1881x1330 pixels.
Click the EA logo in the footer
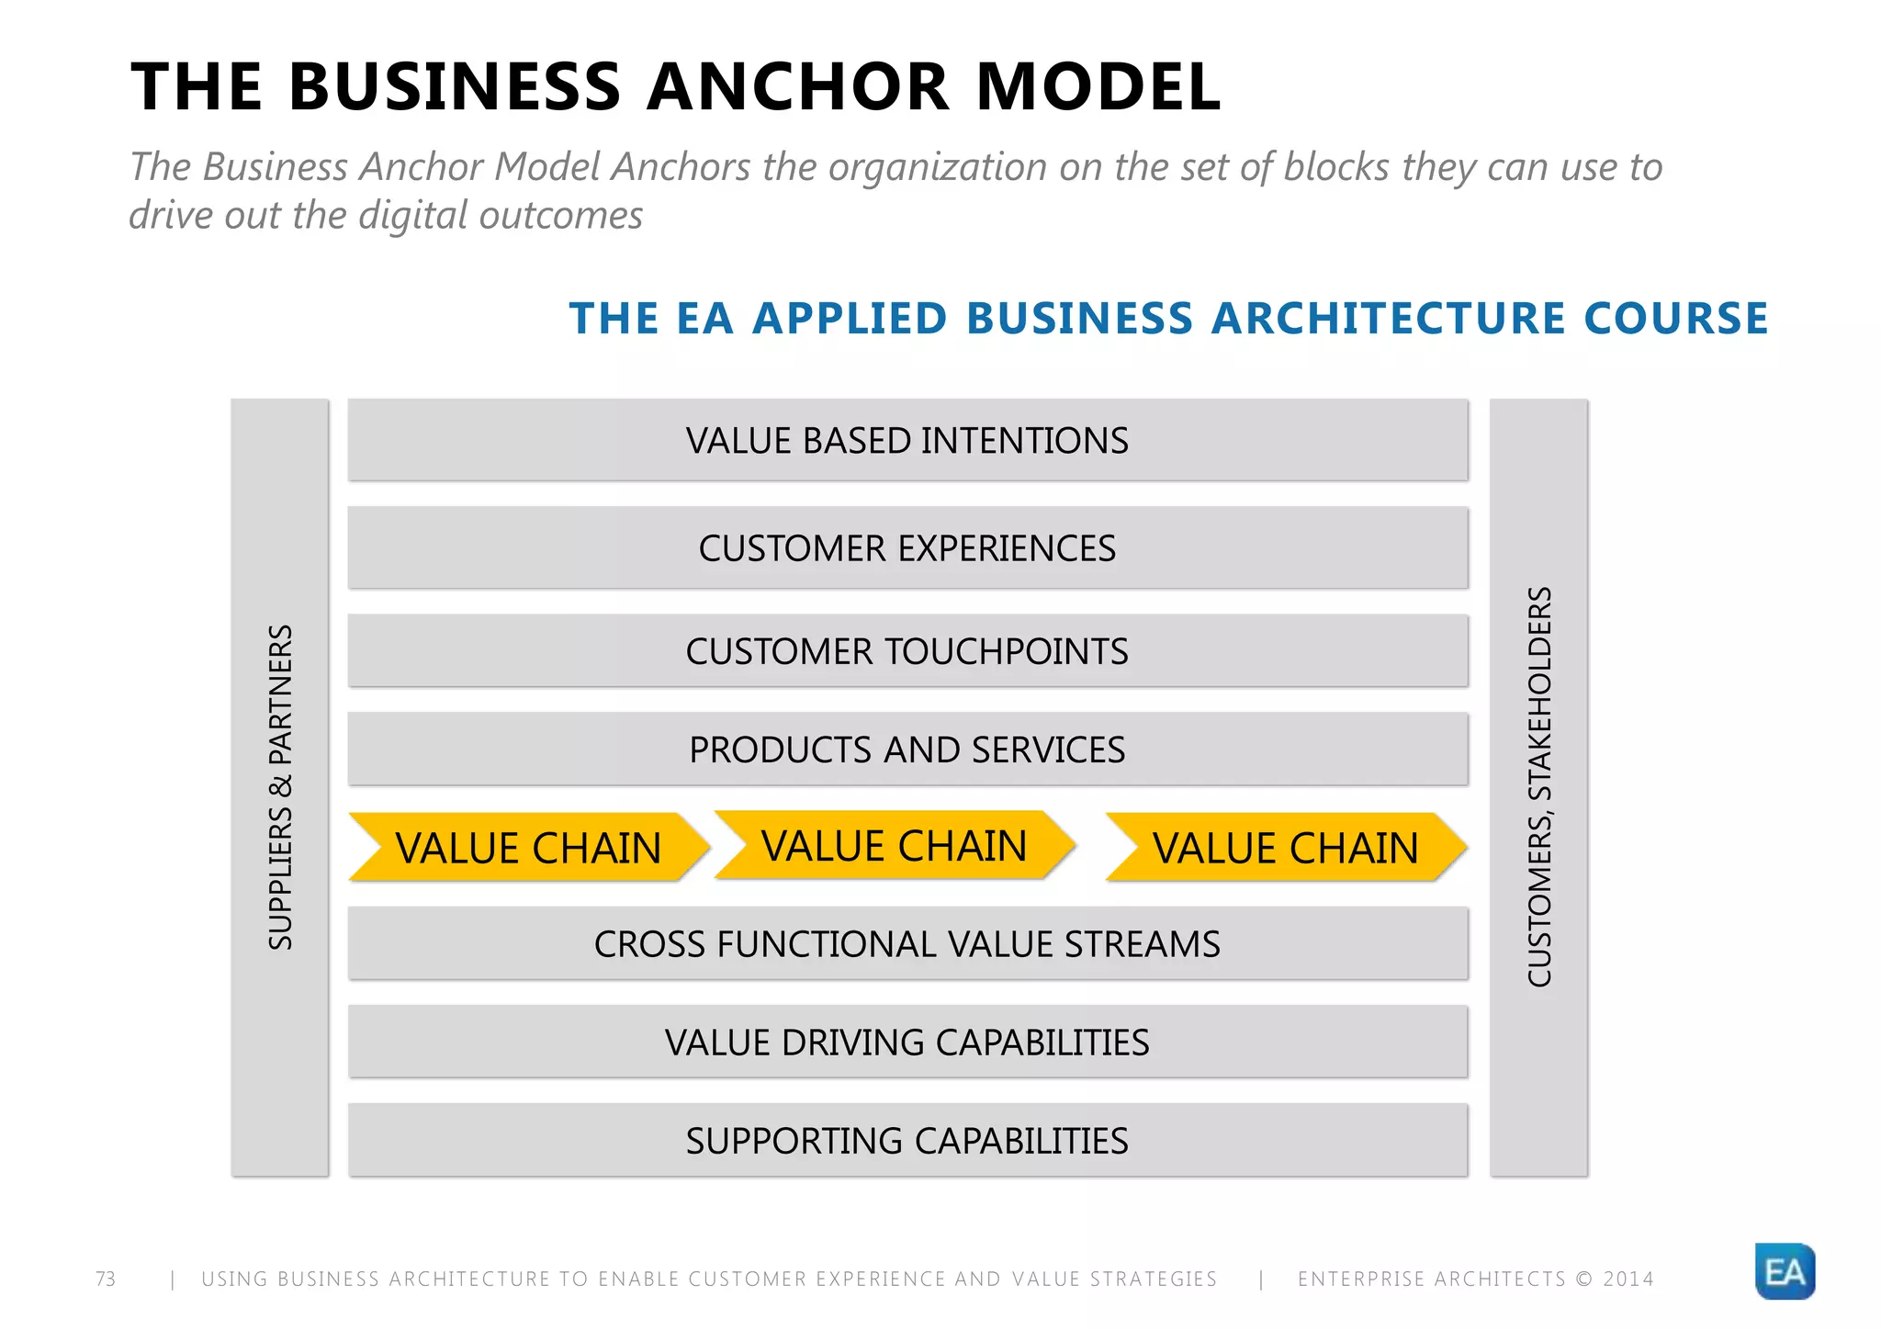[x=1784, y=1271]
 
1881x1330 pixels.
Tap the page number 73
[x=106, y=1279]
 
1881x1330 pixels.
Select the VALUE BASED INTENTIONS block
[x=907, y=440]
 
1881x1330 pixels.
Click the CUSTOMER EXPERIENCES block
[x=907, y=548]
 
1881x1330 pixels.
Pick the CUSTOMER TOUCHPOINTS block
[x=907, y=651]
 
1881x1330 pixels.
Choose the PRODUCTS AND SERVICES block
[x=907, y=750]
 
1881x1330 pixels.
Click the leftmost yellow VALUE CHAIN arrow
[x=528, y=847]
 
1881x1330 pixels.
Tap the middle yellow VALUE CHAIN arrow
[x=894, y=845]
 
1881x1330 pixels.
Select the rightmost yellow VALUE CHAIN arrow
[x=1285, y=847]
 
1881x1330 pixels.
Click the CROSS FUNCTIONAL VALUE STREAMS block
[x=907, y=944]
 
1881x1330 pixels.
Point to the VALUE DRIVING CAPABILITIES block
[x=907, y=1043]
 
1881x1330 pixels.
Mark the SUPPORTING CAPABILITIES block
[x=907, y=1141]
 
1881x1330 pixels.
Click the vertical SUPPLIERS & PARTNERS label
[x=280, y=787]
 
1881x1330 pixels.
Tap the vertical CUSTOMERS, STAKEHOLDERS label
[x=1539, y=787]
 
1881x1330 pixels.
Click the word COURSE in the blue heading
[x=1675, y=319]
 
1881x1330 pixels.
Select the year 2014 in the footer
[x=1628, y=1279]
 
